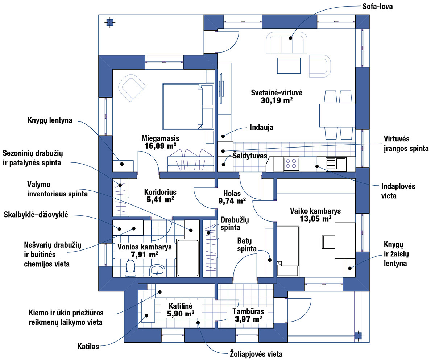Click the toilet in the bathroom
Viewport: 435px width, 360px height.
point(130,268)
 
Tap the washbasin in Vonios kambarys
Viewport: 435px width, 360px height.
point(157,270)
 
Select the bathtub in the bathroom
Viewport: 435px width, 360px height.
point(188,258)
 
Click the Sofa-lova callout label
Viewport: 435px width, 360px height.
point(377,7)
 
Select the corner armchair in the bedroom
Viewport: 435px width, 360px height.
point(132,88)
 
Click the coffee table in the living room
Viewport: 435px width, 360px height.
point(289,66)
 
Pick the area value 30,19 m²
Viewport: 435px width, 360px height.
point(277,100)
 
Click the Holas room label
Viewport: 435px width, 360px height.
point(232,193)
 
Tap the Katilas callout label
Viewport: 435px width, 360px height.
point(88,347)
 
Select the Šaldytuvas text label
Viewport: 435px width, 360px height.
point(250,156)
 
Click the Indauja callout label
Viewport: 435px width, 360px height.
point(261,127)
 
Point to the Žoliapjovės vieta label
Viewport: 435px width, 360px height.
point(256,354)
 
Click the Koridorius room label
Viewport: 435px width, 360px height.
point(160,192)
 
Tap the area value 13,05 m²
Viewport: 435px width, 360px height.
point(315,219)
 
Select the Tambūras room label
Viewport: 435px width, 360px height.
point(248,311)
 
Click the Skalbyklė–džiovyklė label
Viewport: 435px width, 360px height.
point(36,214)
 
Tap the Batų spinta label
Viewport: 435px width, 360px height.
point(246,245)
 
